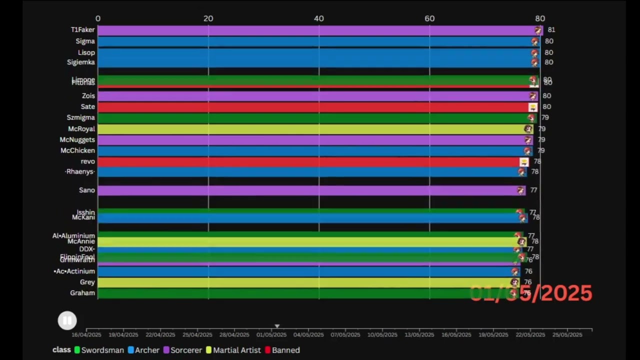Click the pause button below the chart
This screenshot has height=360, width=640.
(x=67, y=320)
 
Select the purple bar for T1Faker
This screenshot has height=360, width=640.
(x=315, y=30)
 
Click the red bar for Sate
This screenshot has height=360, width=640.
(x=315, y=107)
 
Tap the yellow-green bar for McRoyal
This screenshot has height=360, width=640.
(x=315, y=129)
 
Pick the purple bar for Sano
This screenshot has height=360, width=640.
(x=310, y=190)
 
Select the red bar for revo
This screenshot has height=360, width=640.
(x=310, y=161)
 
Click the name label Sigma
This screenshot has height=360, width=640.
(x=85, y=41)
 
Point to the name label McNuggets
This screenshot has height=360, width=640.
(x=77, y=139)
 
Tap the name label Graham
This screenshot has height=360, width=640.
(x=82, y=293)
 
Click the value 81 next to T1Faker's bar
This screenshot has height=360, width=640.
(x=551, y=30)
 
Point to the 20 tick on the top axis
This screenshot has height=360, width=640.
(x=208, y=18)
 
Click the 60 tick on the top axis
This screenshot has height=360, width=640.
(x=429, y=18)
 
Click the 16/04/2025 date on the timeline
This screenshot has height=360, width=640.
(x=86, y=334)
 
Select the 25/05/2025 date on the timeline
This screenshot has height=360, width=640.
(x=567, y=334)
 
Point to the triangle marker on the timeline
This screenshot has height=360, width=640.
(x=277, y=326)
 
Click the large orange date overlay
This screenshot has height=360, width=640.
(x=531, y=293)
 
